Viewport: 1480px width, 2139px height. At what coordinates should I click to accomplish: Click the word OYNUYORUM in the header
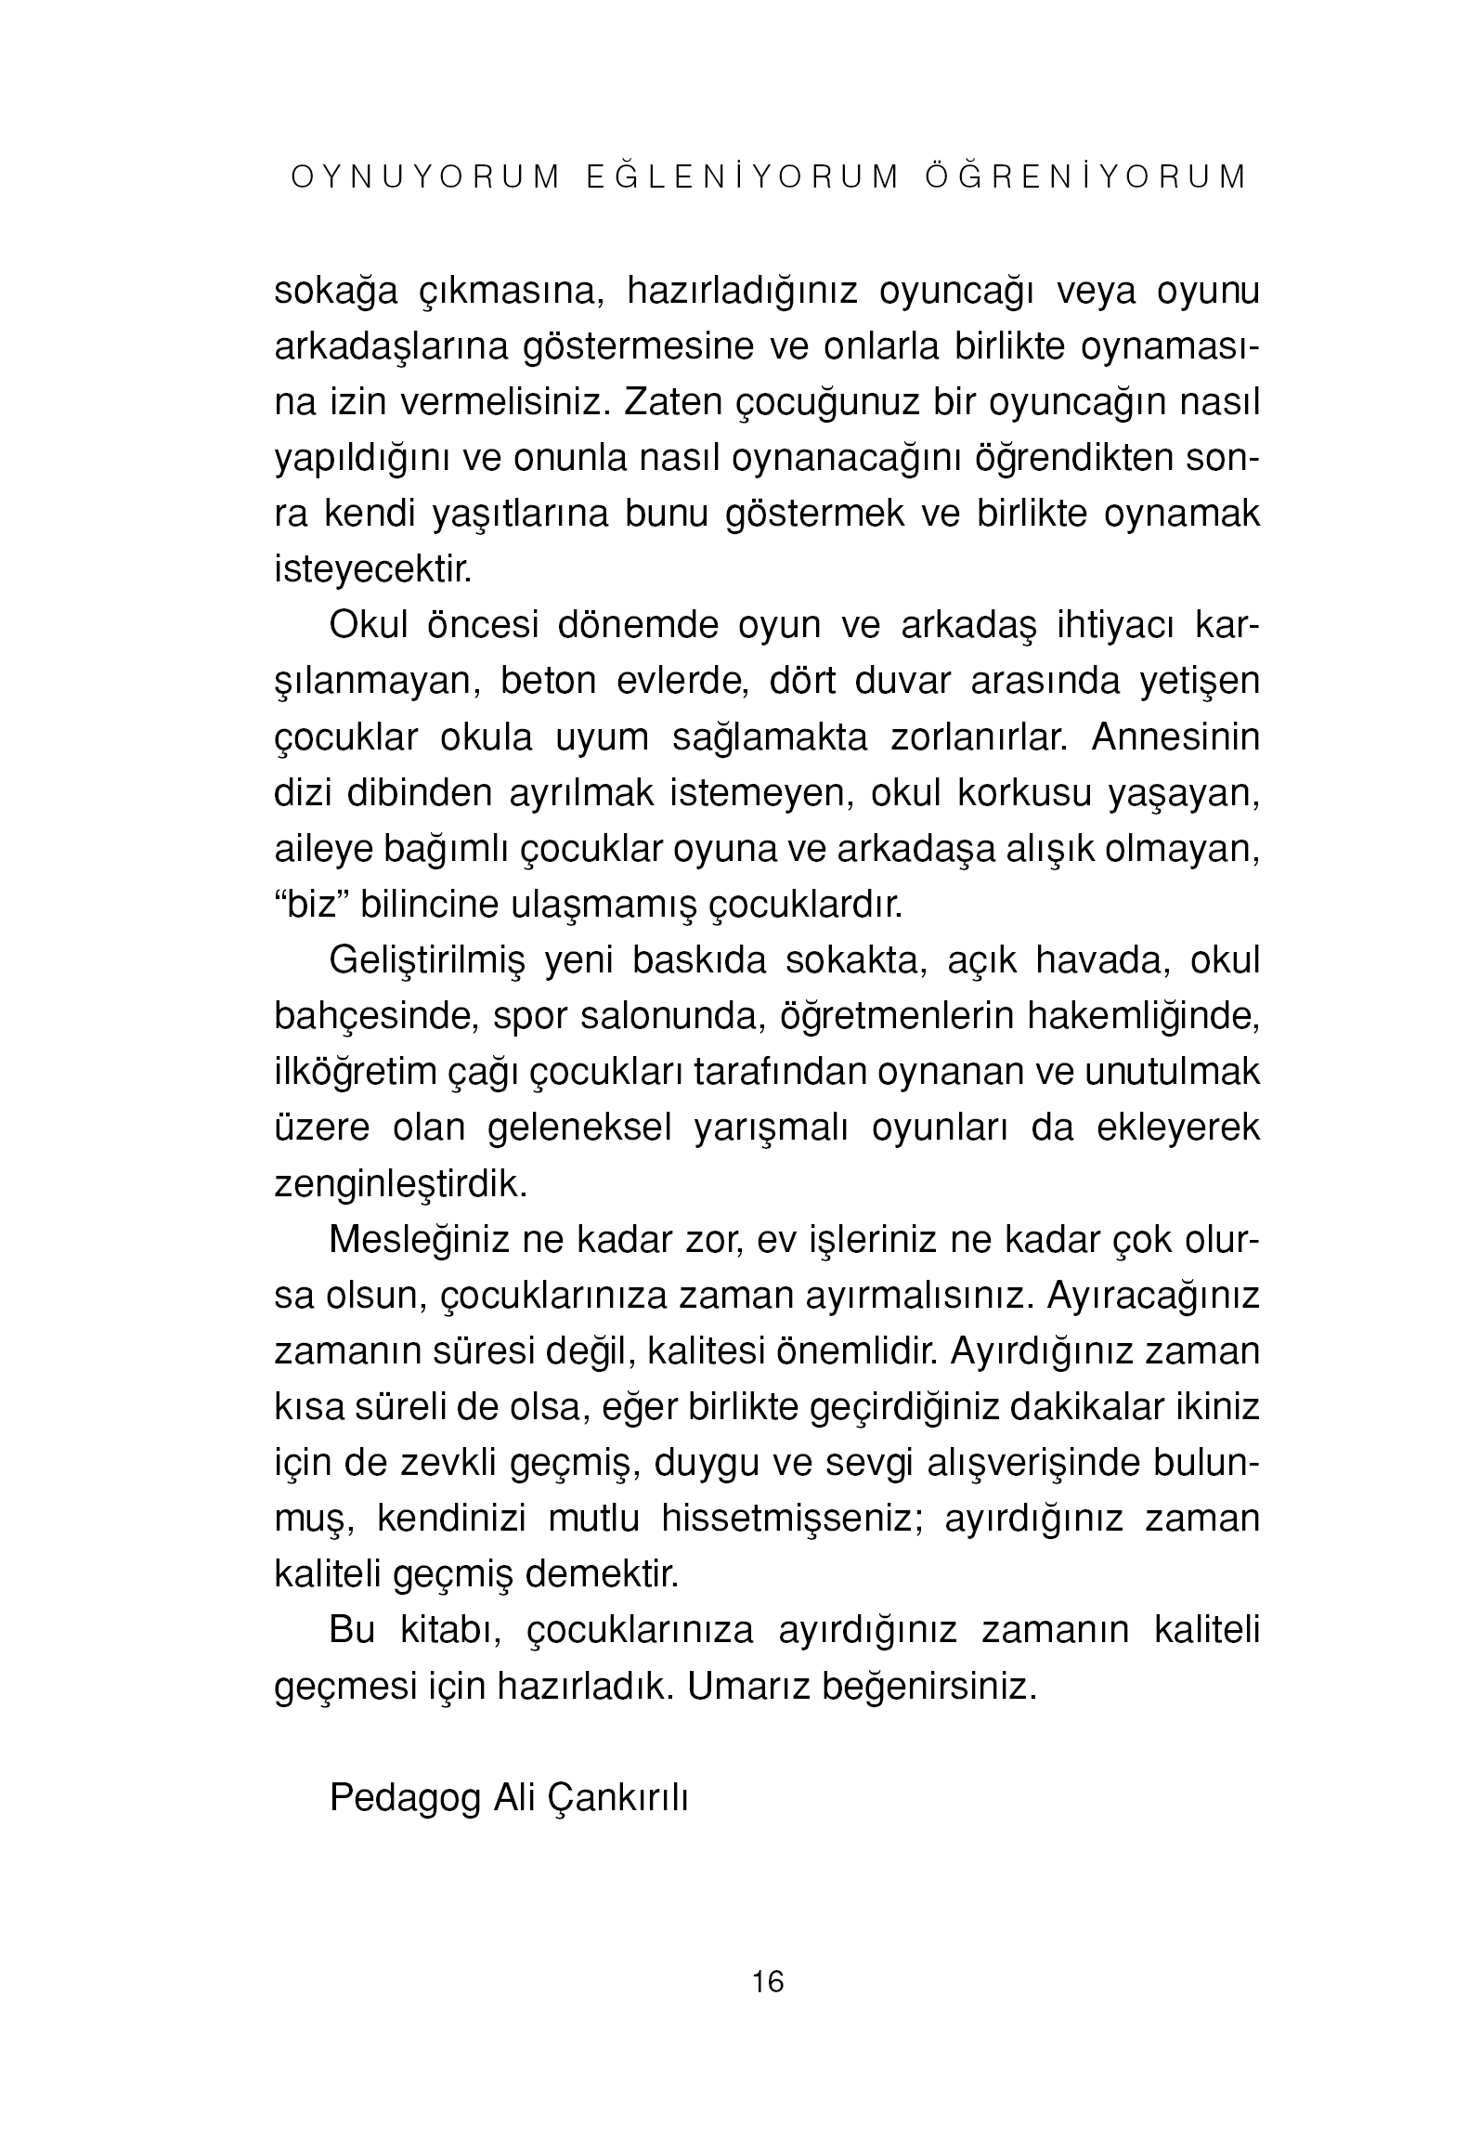tap(426, 177)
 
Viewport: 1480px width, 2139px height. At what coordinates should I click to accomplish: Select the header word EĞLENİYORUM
tap(744, 177)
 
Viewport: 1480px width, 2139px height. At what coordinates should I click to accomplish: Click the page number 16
tap(768, 1982)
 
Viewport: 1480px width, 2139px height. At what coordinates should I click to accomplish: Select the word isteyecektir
tap(373, 569)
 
